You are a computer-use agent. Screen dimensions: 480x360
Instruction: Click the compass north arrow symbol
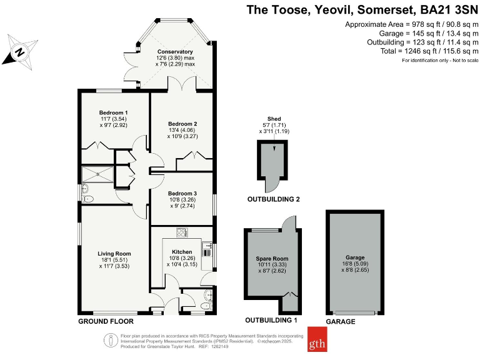pos(20,52)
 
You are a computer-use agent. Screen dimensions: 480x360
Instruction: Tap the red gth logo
pos(317,339)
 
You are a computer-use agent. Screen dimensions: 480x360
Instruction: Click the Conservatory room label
pos(175,52)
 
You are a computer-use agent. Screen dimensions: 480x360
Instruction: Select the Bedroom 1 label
pos(113,112)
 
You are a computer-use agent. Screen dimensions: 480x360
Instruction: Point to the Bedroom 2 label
pos(182,124)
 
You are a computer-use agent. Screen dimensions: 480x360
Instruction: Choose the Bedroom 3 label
pos(182,194)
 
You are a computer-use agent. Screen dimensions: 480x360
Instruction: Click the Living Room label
pos(114,254)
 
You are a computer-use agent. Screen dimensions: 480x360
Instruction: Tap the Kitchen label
pos(182,252)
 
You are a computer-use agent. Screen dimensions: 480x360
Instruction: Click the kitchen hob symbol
pos(182,232)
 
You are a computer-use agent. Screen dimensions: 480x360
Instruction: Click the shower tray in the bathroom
pos(97,174)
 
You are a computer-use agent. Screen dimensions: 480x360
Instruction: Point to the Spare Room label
pos(272,258)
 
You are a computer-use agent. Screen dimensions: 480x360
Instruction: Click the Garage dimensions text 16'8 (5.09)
pos(355,264)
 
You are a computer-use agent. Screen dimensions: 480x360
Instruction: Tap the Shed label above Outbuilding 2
pos(274,119)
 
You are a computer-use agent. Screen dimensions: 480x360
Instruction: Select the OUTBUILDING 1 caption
pos(271,320)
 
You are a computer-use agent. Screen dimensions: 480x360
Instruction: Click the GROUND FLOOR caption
pos(106,321)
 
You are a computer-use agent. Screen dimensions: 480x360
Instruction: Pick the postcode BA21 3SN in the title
pos(449,10)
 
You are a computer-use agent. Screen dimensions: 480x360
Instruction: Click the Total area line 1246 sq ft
pos(429,51)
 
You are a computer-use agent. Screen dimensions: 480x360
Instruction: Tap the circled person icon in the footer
pos(111,340)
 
